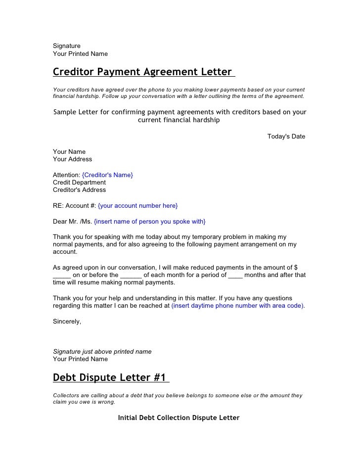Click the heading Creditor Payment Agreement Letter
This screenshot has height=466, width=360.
tap(142, 72)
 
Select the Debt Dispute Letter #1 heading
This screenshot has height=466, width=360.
tap(110, 377)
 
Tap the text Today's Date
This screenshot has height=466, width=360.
tap(286, 137)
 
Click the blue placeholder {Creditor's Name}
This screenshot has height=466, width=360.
tap(107, 175)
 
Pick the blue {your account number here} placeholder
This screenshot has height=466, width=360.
tap(138, 205)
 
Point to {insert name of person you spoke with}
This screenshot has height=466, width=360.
tap(149, 221)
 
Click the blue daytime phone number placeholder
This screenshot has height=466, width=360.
tap(238, 306)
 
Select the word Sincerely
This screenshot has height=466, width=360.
tap(67, 321)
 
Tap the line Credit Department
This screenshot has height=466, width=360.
tap(79, 183)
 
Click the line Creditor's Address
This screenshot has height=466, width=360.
tap(79, 190)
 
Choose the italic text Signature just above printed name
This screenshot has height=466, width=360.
tap(102, 352)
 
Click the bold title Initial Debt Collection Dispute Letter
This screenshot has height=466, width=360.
tap(179, 418)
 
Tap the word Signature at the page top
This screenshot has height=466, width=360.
tap(67, 46)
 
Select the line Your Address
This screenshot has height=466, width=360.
tap(72, 159)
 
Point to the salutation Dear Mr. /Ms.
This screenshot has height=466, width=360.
tap(72, 221)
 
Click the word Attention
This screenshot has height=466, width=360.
tap(66, 175)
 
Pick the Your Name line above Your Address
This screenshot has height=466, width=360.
tap(69, 152)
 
